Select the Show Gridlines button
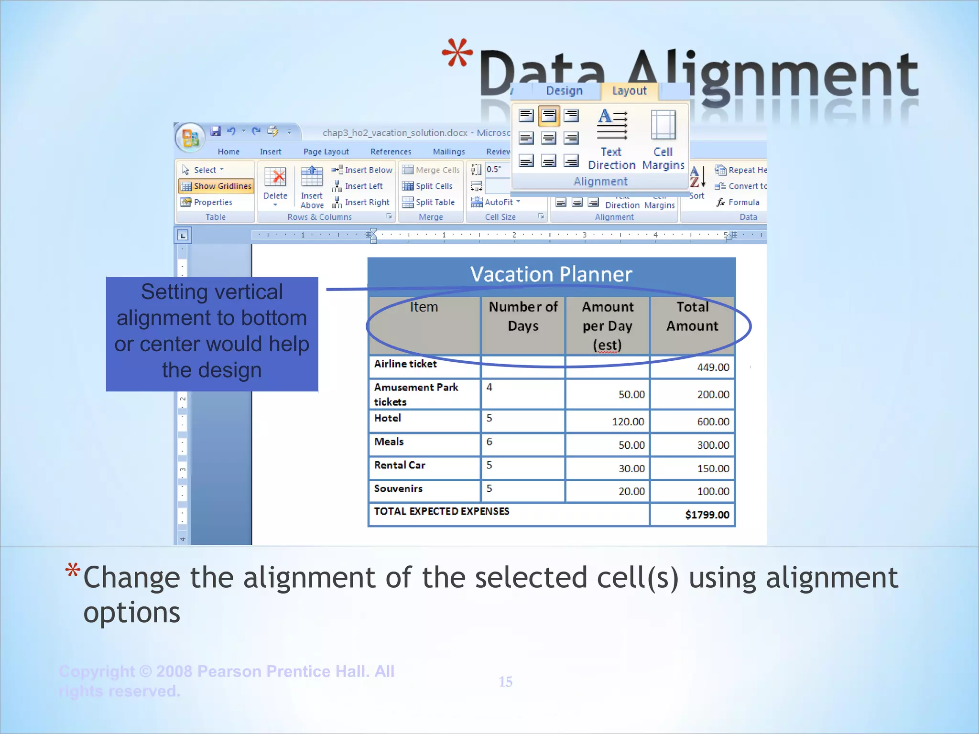click(x=216, y=186)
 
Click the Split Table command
click(x=429, y=203)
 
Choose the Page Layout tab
click(x=326, y=151)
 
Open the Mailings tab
click(x=448, y=151)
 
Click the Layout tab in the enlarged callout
click(x=629, y=91)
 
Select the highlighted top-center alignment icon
click(x=549, y=116)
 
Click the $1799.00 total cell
click(x=707, y=515)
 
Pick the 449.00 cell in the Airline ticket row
click(x=713, y=367)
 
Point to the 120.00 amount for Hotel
click(x=628, y=421)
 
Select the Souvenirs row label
click(x=398, y=488)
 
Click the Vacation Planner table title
click(x=551, y=275)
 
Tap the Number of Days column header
click(x=523, y=316)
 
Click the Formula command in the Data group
click(x=739, y=203)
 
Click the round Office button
click(x=190, y=138)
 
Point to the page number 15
click(x=505, y=681)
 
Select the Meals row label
click(x=389, y=442)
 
